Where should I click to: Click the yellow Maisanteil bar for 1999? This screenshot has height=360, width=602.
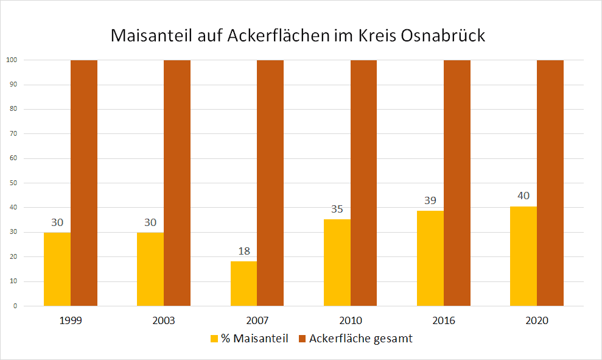tap(57, 269)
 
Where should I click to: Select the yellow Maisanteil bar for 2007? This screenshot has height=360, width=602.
tap(243, 283)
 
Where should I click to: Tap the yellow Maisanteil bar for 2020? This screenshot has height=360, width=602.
tap(523, 256)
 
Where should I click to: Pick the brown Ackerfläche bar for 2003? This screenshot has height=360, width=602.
tap(177, 183)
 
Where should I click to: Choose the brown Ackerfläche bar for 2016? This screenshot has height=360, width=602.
tap(457, 183)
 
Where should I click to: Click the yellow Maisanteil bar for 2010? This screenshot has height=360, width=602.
tap(337, 263)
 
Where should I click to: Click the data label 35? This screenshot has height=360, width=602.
tap(337, 209)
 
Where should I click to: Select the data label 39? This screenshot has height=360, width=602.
tap(430, 200)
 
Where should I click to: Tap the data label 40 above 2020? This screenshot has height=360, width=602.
tap(523, 196)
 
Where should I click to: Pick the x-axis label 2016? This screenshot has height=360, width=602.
tap(444, 320)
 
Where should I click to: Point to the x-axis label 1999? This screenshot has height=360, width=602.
tap(71, 320)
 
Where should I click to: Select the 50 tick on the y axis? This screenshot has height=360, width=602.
tap(13, 183)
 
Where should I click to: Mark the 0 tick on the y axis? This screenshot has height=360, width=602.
tap(15, 306)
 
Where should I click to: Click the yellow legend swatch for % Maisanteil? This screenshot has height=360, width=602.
tap(214, 339)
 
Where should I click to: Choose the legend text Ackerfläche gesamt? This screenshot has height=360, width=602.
tap(360, 339)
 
